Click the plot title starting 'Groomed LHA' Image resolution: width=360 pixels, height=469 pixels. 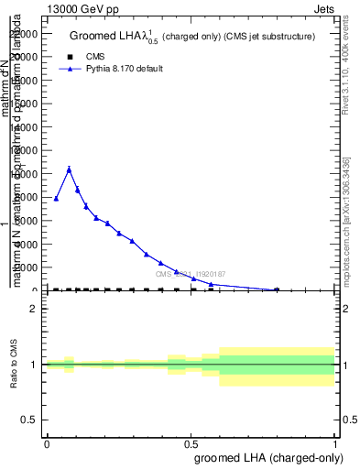[192, 37]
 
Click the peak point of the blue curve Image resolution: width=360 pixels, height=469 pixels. [69, 169]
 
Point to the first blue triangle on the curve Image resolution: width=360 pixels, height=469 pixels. [56, 199]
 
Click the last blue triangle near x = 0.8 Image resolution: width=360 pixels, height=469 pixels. [277, 289]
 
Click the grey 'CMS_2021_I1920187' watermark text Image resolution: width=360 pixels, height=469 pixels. [190, 274]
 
